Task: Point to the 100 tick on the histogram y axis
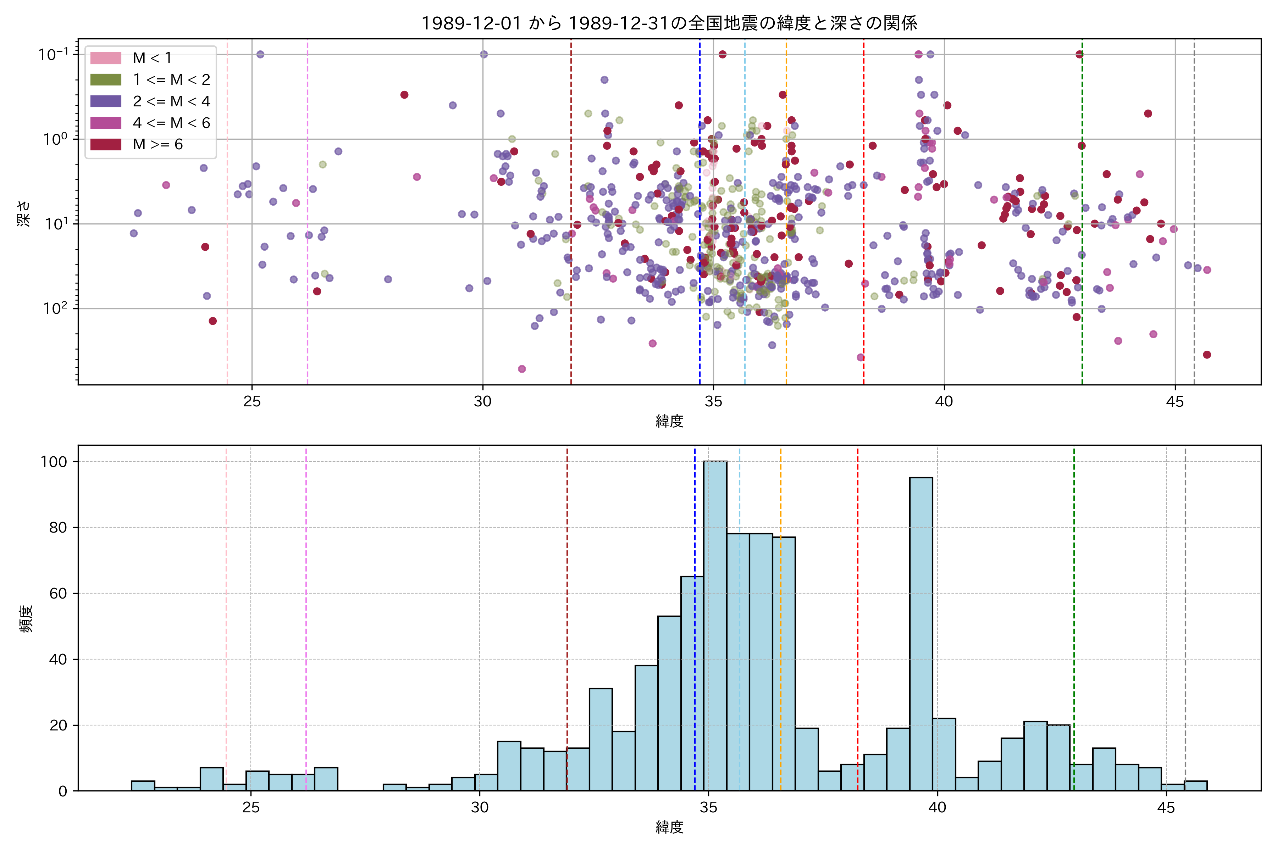click(x=54, y=462)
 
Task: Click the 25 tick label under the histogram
click(x=251, y=808)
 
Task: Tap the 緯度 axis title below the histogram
click(x=669, y=828)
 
